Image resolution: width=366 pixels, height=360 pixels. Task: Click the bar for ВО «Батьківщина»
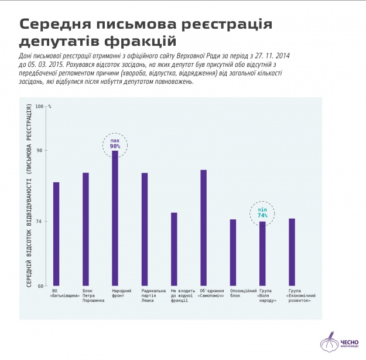pos(56,234)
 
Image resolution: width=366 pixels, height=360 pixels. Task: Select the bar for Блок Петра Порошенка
pos(85,229)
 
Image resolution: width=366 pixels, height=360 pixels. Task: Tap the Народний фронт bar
pos(115,218)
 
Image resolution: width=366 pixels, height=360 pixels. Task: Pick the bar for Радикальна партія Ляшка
pos(145,229)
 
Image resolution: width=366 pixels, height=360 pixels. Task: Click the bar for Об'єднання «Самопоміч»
pos(203,227)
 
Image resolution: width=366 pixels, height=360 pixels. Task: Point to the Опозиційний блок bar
pos(233,253)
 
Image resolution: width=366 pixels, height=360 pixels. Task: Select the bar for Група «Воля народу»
pos(262,253)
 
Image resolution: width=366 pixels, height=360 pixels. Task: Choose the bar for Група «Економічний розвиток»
pos(292,252)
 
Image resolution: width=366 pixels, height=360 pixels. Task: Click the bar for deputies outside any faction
pos(174,249)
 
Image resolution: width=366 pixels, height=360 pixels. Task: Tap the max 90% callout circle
pos(115,144)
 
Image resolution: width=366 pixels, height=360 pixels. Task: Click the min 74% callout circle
pos(262,213)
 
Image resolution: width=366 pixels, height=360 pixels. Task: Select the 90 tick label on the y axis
pos(40,151)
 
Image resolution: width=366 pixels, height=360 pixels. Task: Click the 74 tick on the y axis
pos(40,221)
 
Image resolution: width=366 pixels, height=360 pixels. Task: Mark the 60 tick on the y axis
pos(40,286)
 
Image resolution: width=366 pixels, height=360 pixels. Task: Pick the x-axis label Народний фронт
pos(121,294)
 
